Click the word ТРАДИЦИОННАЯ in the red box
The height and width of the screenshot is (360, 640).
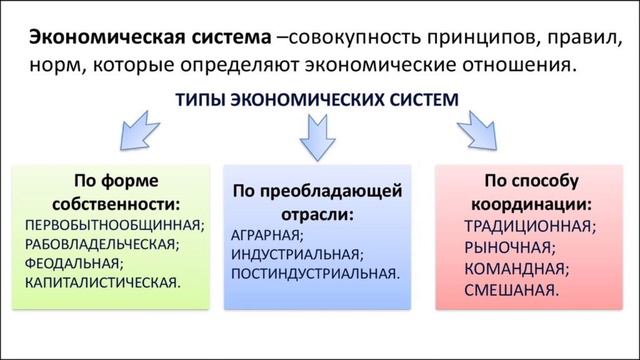click(x=529, y=225)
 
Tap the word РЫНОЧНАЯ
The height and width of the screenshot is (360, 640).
click(x=508, y=247)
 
